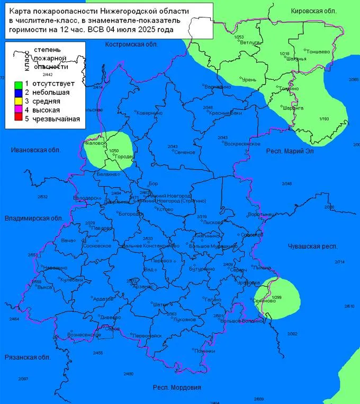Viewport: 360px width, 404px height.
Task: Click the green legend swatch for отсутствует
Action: [17, 84]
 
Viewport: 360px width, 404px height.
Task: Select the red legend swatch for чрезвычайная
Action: [17, 119]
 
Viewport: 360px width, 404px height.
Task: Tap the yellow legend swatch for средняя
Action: [17, 102]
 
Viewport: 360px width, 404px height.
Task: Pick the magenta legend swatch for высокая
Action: [17, 110]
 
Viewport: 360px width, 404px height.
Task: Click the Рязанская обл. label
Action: [27, 357]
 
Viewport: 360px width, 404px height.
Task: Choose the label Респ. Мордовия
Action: [177, 388]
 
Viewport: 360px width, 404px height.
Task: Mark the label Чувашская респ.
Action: [313, 247]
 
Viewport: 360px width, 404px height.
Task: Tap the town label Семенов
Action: [185, 152]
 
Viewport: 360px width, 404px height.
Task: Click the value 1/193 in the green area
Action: [324, 119]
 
